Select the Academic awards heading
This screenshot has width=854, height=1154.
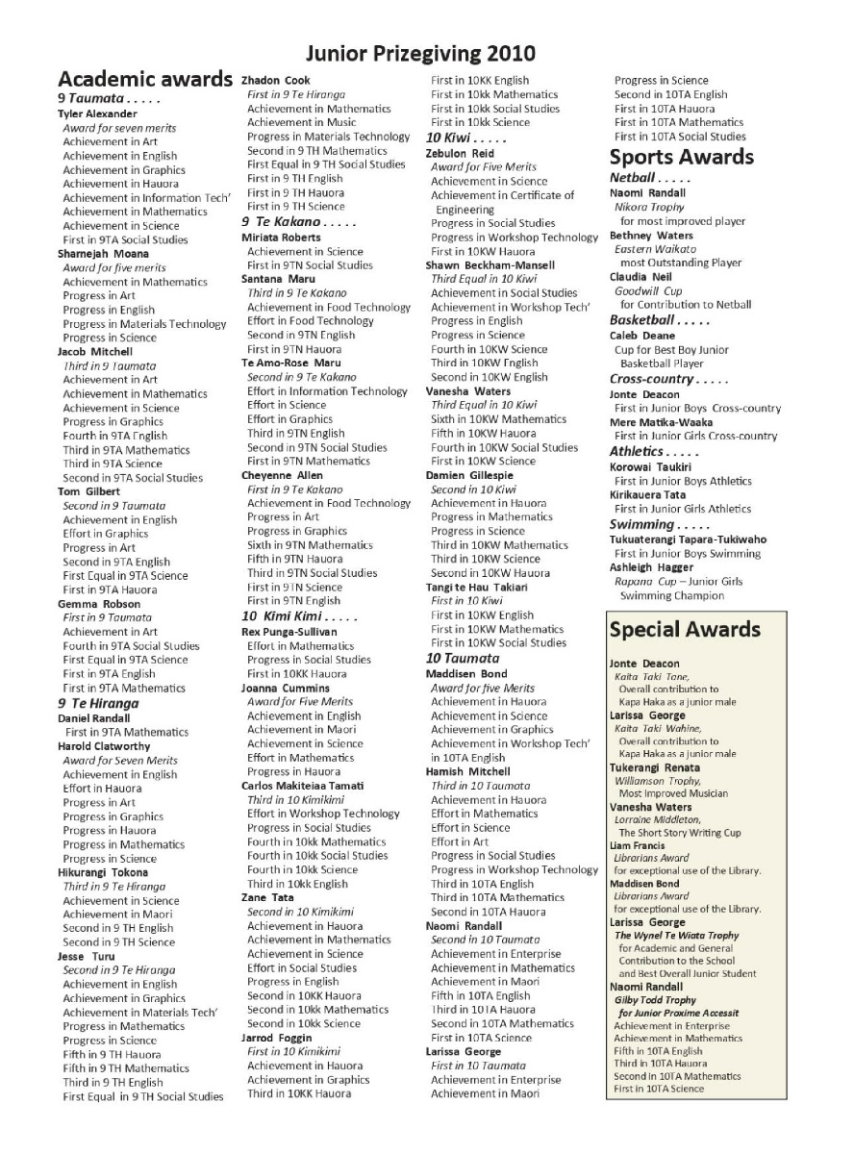[x=145, y=79]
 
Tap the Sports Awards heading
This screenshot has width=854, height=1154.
[x=681, y=157]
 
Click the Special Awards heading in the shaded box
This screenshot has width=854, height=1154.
[x=685, y=631]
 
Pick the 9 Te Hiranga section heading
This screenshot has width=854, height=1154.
[x=100, y=703]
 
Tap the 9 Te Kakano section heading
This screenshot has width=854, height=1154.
[x=286, y=222]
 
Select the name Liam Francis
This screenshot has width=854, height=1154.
[x=638, y=845]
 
